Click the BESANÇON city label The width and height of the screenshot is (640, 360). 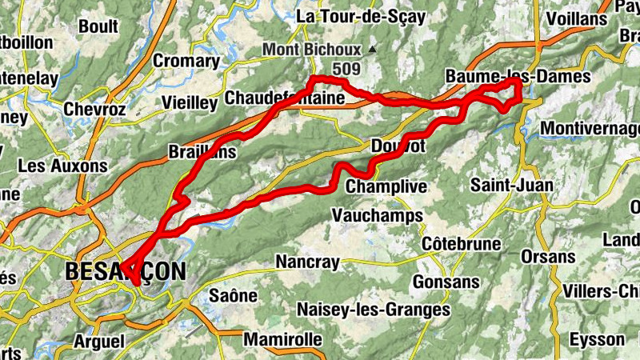click(x=125, y=271)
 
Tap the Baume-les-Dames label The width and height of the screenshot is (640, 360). click(x=517, y=77)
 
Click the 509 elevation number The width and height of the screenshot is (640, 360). click(x=346, y=70)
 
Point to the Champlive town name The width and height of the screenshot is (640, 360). click(x=387, y=186)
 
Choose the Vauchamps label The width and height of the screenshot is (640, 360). click(x=372, y=214)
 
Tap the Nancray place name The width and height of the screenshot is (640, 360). click(x=307, y=262)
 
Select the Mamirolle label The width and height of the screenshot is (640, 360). click(x=282, y=339)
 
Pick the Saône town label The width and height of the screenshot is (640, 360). click(x=233, y=295)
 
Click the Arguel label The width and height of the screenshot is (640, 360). click(x=98, y=342)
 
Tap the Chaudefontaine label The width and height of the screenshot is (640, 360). click(x=285, y=98)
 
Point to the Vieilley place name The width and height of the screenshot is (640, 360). click(x=190, y=103)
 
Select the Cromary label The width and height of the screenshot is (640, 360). click(x=186, y=61)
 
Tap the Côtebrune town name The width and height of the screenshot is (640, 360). click(x=462, y=243)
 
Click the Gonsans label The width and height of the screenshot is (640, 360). click(x=446, y=282)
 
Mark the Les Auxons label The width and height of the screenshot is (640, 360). click(x=62, y=166)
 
